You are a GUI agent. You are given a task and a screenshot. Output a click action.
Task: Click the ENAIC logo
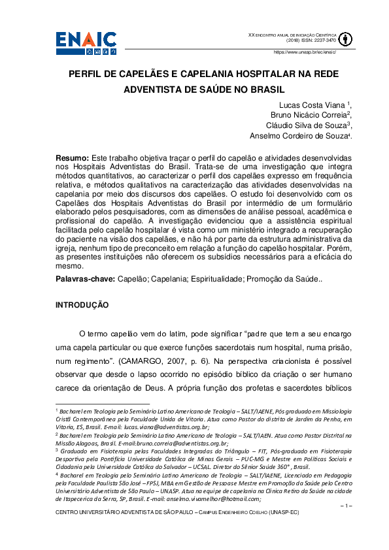coord(88,40)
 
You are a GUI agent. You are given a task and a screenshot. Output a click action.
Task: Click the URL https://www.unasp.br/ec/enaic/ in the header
coord(304,52)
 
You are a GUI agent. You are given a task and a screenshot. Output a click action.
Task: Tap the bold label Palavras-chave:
coord(84,279)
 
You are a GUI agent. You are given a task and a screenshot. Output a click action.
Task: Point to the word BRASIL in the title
coord(246,89)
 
